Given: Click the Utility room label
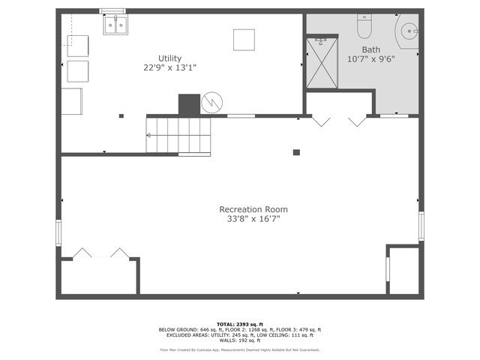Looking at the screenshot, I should (169, 58).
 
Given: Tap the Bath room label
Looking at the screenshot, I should (360, 49).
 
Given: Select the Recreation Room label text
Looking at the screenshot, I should (253, 209).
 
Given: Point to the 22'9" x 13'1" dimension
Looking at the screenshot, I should (169, 67).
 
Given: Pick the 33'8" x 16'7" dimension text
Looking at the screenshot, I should (253, 219).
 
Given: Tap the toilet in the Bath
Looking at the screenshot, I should (364, 28).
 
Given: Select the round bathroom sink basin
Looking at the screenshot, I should (409, 31).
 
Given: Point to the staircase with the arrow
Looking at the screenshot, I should (178, 135).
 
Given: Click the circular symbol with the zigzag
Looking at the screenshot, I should (212, 103).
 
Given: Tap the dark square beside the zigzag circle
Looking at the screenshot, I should (189, 103).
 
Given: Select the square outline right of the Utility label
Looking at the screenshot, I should (244, 40).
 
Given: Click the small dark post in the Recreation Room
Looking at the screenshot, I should (296, 152).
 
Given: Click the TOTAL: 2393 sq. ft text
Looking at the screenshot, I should (239, 324).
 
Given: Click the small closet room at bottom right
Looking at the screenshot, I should (403, 270).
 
